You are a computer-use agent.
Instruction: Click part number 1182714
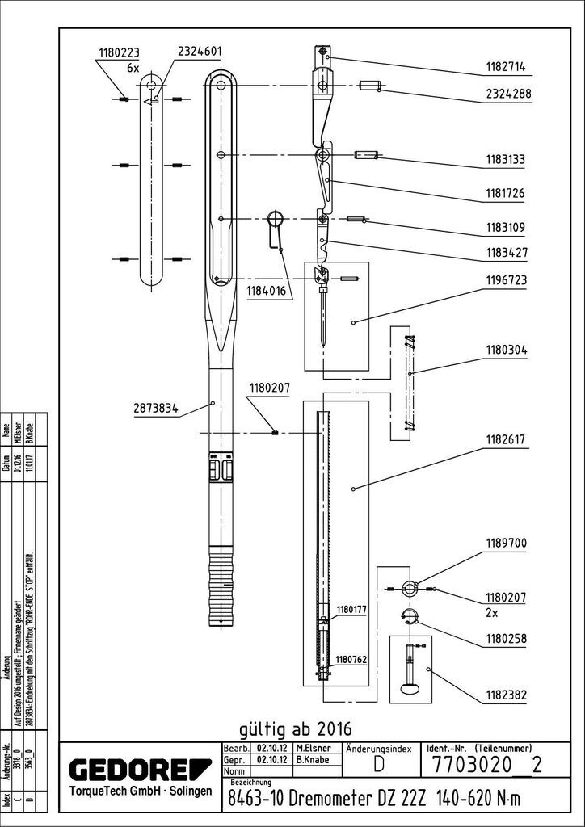point(505,68)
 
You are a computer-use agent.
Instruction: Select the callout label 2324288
point(508,94)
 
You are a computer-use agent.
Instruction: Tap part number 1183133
point(505,161)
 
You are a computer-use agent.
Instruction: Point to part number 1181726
point(505,194)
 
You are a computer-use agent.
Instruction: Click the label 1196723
point(505,280)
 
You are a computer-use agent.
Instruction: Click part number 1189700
point(505,544)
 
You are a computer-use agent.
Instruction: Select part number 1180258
point(505,639)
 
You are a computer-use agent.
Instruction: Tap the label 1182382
point(505,694)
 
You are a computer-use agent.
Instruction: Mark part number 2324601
point(195,52)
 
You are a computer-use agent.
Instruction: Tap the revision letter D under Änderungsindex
point(378,765)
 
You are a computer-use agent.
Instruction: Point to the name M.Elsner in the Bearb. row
point(312,749)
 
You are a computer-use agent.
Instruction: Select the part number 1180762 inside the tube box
point(351,659)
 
